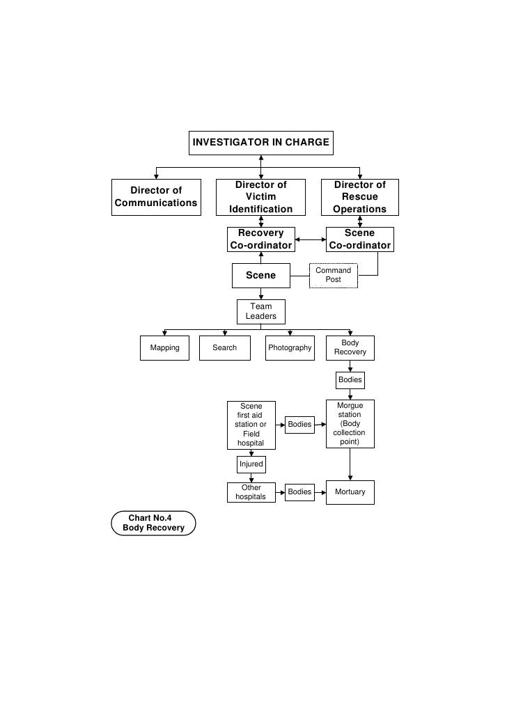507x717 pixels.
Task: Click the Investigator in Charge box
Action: (x=260, y=143)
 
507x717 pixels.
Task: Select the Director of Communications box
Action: (x=156, y=197)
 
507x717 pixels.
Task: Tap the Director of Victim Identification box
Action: (x=260, y=197)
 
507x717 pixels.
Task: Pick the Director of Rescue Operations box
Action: (x=359, y=197)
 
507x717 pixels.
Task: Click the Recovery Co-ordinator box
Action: (x=260, y=239)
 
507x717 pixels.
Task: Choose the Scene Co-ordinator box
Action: (x=359, y=239)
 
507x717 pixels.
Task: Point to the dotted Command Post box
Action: (x=334, y=275)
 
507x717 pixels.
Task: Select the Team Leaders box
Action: (x=260, y=311)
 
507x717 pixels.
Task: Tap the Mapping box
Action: (x=164, y=348)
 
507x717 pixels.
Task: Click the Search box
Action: (x=224, y=348)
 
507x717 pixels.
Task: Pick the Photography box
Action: (x=289, y=348)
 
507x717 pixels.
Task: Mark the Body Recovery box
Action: (x=350, y=348)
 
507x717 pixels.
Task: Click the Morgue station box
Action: (x=350, y=424)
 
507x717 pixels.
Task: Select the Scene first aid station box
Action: (x=251, y=425)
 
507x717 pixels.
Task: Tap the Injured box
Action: (x=251, y=464)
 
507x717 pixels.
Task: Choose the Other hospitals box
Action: (x=251, y=492)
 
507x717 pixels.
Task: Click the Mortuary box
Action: (x=350, y=492)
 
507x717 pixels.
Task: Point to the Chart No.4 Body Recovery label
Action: (x=153, y=523)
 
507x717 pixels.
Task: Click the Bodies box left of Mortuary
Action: (x=299, y=492)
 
